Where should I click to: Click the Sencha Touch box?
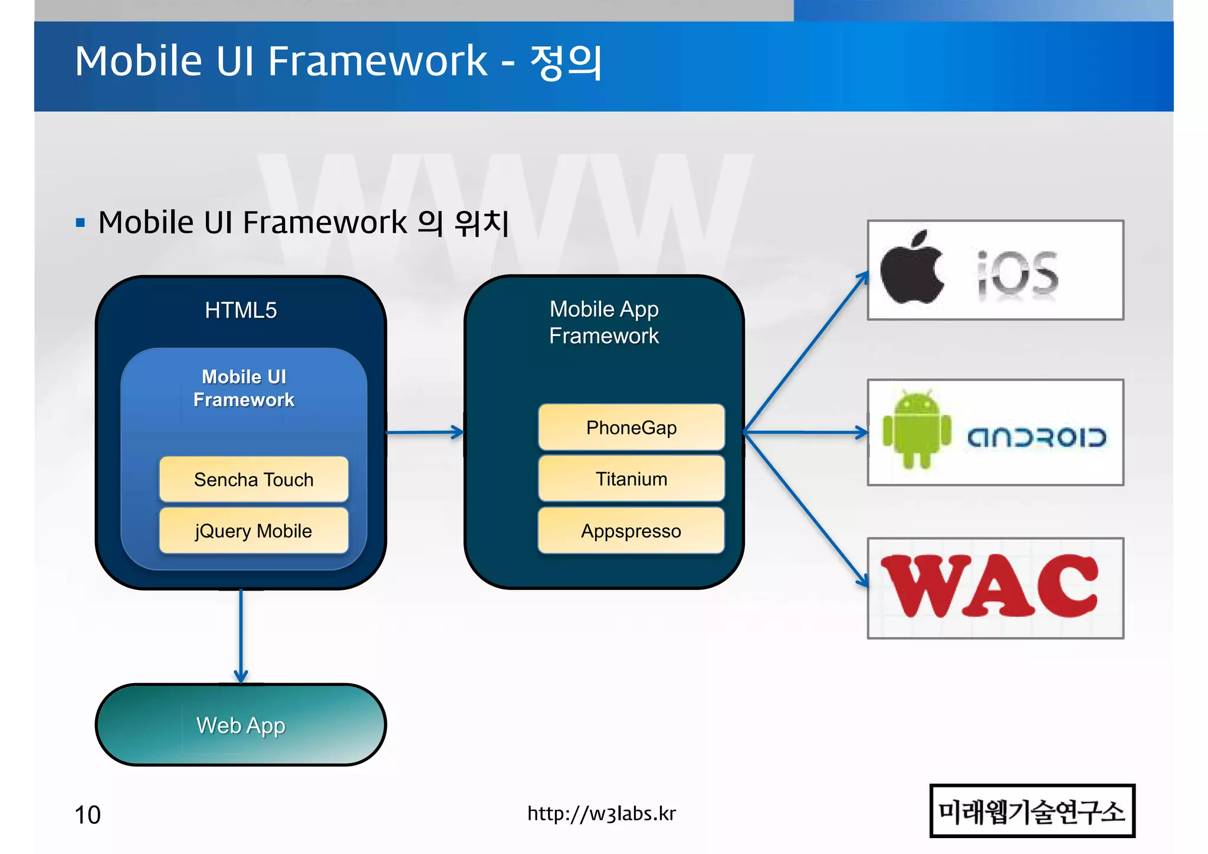[254, 479]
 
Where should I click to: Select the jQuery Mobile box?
[254, 530]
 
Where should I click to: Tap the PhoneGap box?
[631, 427]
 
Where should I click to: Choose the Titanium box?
[631, 479]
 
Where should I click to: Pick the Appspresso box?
[631, 530]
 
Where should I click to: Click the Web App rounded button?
[241, 725]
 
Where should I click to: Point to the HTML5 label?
[241, 310]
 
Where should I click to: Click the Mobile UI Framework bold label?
[244, 388]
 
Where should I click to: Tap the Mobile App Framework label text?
[604, 322]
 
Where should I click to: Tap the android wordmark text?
[1036, 437]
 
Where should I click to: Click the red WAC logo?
[991, 586]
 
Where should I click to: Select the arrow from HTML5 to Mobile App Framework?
[425, 433]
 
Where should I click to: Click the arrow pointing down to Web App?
[241, 637]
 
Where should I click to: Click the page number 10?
[87, 815]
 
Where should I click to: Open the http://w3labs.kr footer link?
[601, 813]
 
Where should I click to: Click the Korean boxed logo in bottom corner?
[1032, 811]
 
